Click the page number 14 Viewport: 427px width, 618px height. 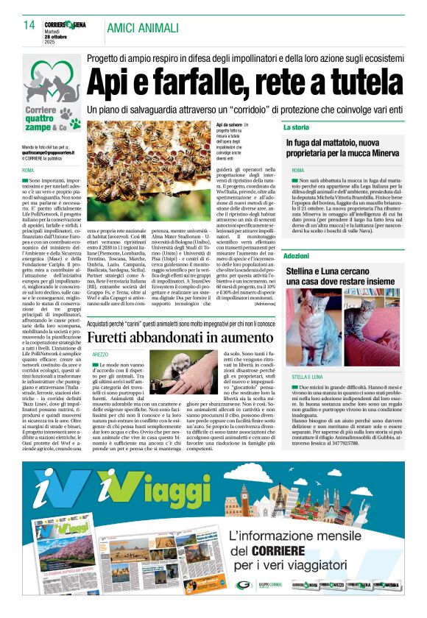pyautogui.click(x=29, y=26)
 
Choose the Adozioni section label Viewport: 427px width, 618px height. pyautogui.click(x=296, y=255)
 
